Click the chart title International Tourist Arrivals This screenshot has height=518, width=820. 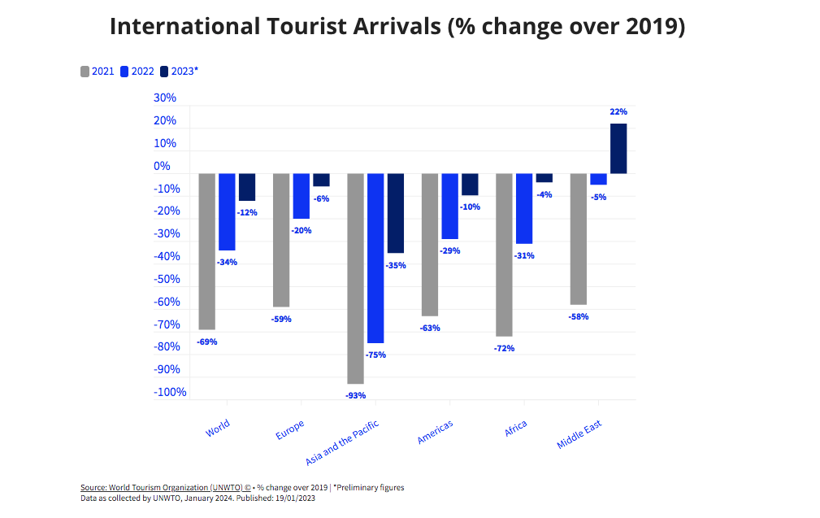397,27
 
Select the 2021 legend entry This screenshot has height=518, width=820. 97,72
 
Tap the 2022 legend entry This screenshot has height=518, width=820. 137,72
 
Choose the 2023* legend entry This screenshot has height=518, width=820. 178,72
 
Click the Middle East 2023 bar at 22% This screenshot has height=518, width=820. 618,149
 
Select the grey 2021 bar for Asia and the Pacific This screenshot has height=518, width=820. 355,278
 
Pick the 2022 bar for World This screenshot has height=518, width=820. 227,211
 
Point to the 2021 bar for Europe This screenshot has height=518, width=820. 281,240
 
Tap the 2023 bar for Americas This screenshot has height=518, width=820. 470,185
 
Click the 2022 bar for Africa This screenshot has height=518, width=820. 524,208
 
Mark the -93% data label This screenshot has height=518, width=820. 355,395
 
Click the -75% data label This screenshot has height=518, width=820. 375,355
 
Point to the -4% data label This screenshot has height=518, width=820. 544,194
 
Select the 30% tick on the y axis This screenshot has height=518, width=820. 165,98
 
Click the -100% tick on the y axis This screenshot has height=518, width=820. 170,392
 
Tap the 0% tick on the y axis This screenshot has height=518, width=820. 163,166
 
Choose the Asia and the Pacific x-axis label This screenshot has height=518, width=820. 342,443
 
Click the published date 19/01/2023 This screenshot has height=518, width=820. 293,498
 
